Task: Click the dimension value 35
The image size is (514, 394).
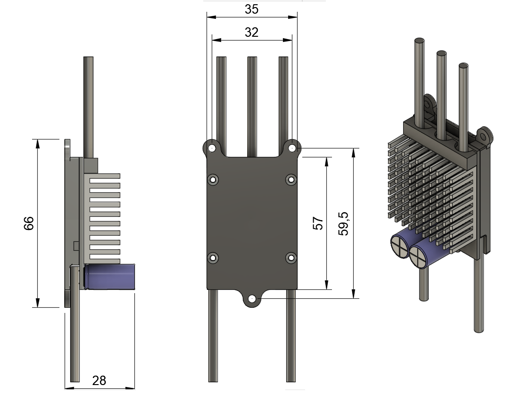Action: (252, 9)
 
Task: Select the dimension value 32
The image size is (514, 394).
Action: (252, 32)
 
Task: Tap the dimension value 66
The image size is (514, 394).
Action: (29, 223)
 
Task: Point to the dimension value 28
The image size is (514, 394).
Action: (99, 380)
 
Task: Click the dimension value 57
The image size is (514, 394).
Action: (319, 223)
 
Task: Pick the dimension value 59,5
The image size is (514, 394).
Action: (344, 223)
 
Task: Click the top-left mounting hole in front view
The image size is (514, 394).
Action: (213, 148)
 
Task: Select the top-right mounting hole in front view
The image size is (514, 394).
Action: (292, 148)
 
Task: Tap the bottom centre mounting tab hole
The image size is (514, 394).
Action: (252, 299)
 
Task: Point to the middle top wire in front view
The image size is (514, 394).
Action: (252, 104)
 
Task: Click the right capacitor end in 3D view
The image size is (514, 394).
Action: (418, 256)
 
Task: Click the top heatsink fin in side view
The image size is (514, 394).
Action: (104, 176)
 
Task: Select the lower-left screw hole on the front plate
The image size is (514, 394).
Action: (213, 258)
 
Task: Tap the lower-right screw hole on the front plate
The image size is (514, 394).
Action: (291, 258)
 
